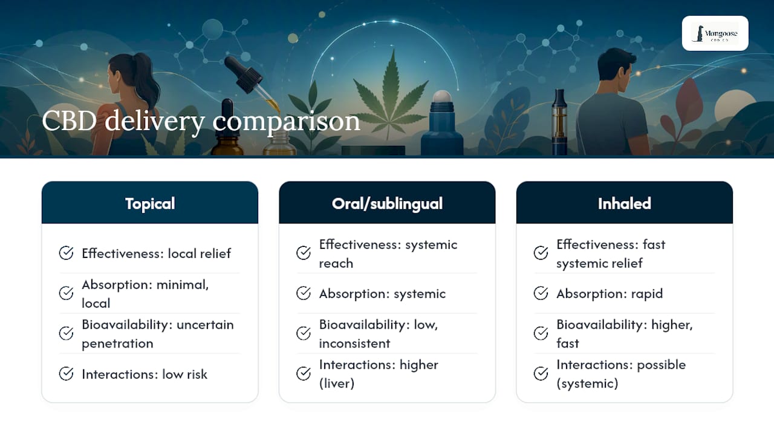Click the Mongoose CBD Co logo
point(715,33)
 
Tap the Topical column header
point(150,203)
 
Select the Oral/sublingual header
point(387,203)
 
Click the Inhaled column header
point(625,203)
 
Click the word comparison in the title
point(286,122)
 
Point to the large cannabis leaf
point(391,95)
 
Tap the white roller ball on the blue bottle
point(442,96)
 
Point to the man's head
point(617,69)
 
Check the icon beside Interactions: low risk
point(66,374)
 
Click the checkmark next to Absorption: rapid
point(541,294)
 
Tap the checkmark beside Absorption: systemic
point(304,294)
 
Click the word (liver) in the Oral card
point(337,383)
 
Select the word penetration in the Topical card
point(117,343)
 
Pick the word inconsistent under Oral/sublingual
point(354,343)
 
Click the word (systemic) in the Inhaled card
point(587,383)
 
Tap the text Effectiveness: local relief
point(156,253)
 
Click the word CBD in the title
point(69,121)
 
